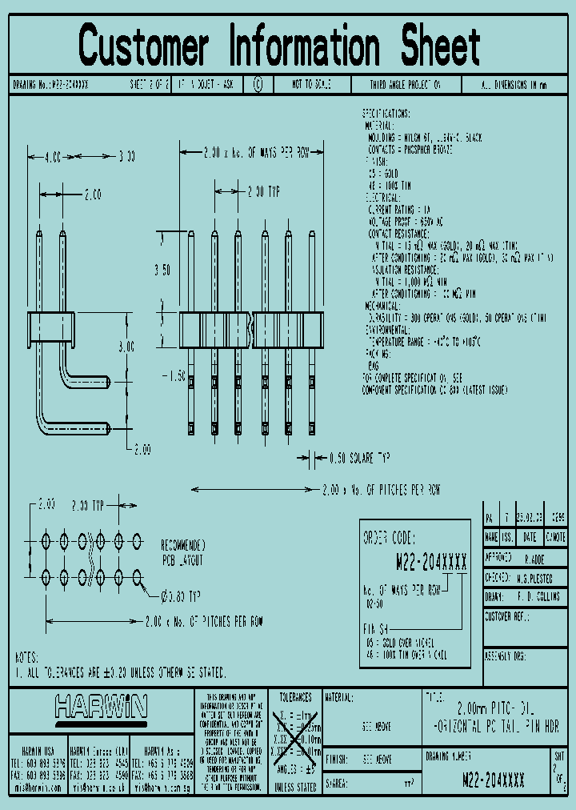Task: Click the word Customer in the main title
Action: point(144,46)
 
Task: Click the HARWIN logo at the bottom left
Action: point(102,707)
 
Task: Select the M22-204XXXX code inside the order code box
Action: point(432,562)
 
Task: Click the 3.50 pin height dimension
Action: point(162,271)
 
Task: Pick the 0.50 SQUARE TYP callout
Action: point(359,459)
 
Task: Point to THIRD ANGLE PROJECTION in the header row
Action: point(405,84)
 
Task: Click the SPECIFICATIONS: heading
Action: point(386,114)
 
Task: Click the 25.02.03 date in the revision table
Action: point(530,518)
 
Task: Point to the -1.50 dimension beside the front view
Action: point(172,375)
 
